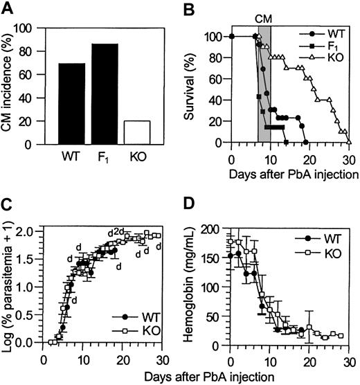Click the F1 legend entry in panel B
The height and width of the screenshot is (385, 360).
coord(327,44)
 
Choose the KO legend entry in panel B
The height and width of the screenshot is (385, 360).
coord(328,56)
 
